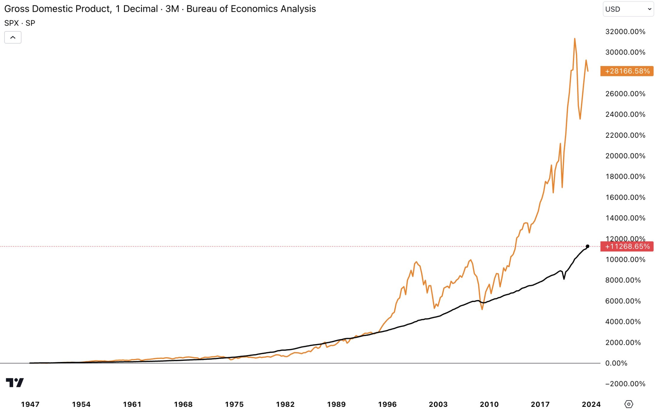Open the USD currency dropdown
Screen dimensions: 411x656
pos(628,9)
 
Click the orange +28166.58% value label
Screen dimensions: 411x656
pos(627,71)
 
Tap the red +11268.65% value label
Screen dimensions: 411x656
pos(627,246)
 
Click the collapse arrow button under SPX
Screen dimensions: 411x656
pos(13,37)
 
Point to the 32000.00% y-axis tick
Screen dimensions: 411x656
pos(625,32)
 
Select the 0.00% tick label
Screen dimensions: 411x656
pos(616,363)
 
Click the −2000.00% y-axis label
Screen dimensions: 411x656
pos(625,384)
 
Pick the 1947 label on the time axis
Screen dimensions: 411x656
pos(30,404)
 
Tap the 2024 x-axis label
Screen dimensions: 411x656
pos(591,404)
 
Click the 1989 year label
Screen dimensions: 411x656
pos(336,404)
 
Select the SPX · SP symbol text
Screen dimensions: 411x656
pos(20,23)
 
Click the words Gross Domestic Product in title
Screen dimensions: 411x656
pos(58,9)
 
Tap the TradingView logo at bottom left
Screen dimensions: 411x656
pos(15,382)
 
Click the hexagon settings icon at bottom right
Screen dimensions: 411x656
pos(629,404)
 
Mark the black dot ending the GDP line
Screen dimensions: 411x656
pos(587,246)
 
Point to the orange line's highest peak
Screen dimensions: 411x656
pos(575,39)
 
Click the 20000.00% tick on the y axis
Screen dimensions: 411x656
pos(625,156)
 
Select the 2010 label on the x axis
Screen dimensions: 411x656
pos(489,404)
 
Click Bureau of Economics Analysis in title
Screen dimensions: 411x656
pos(251,9)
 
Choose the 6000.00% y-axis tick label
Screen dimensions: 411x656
pos(623,301)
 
